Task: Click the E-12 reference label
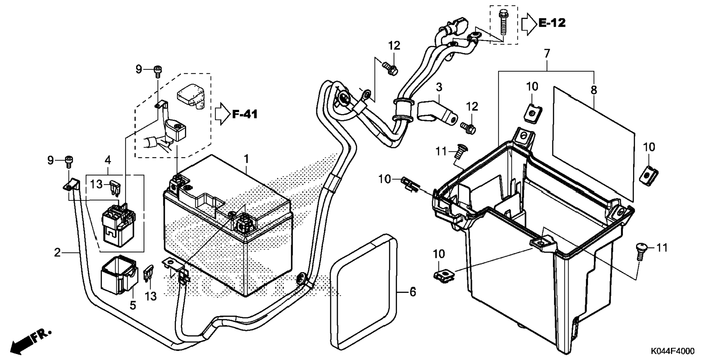click(x=552, y=23)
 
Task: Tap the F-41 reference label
click(x=245, y=114)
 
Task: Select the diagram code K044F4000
click(x=673, y=351)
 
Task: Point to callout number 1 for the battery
click(x=246, y=159)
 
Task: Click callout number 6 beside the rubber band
click(x=412, y=292)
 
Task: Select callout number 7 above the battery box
click(x=547, y=54)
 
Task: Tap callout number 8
click(x=594, y=90)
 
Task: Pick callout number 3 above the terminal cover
click(x=439, y=88)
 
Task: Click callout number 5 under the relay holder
click(x=133, y=305)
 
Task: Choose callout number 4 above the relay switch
click(x=108, y=160)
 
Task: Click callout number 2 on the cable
click(x=57, y=253)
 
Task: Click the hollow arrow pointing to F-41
click(x=223, y=114)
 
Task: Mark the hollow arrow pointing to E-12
click(x=529, y=23)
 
